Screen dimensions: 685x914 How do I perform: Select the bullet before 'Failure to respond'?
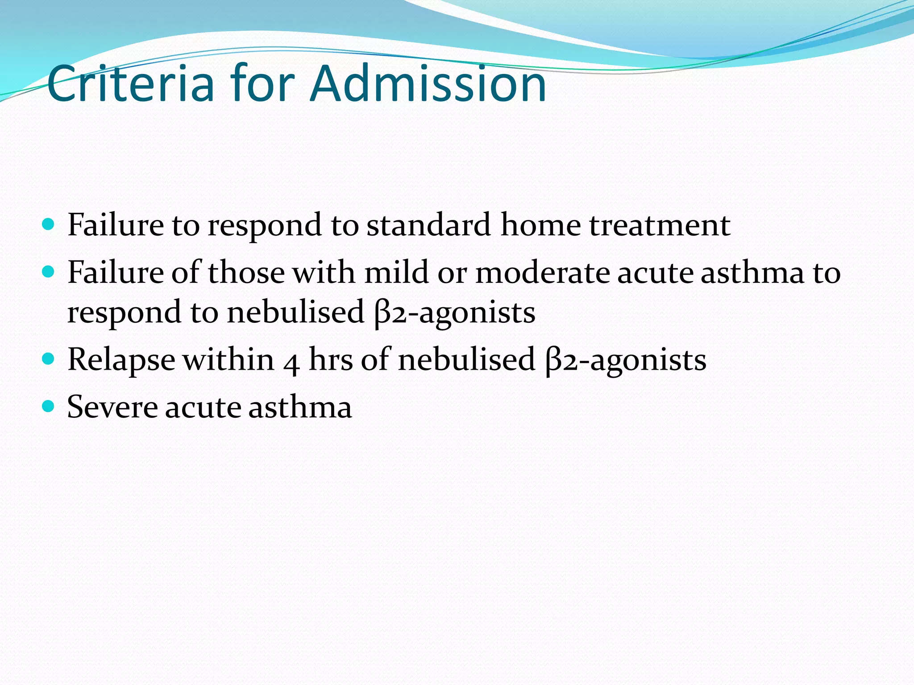[48, 223]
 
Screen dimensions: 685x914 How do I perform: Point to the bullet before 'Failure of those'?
[48, 271]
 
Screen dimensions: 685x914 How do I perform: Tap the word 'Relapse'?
[121, 360]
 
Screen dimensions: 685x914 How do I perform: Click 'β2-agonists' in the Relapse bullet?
[626, 360]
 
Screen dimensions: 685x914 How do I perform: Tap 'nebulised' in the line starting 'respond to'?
[295, 312]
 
